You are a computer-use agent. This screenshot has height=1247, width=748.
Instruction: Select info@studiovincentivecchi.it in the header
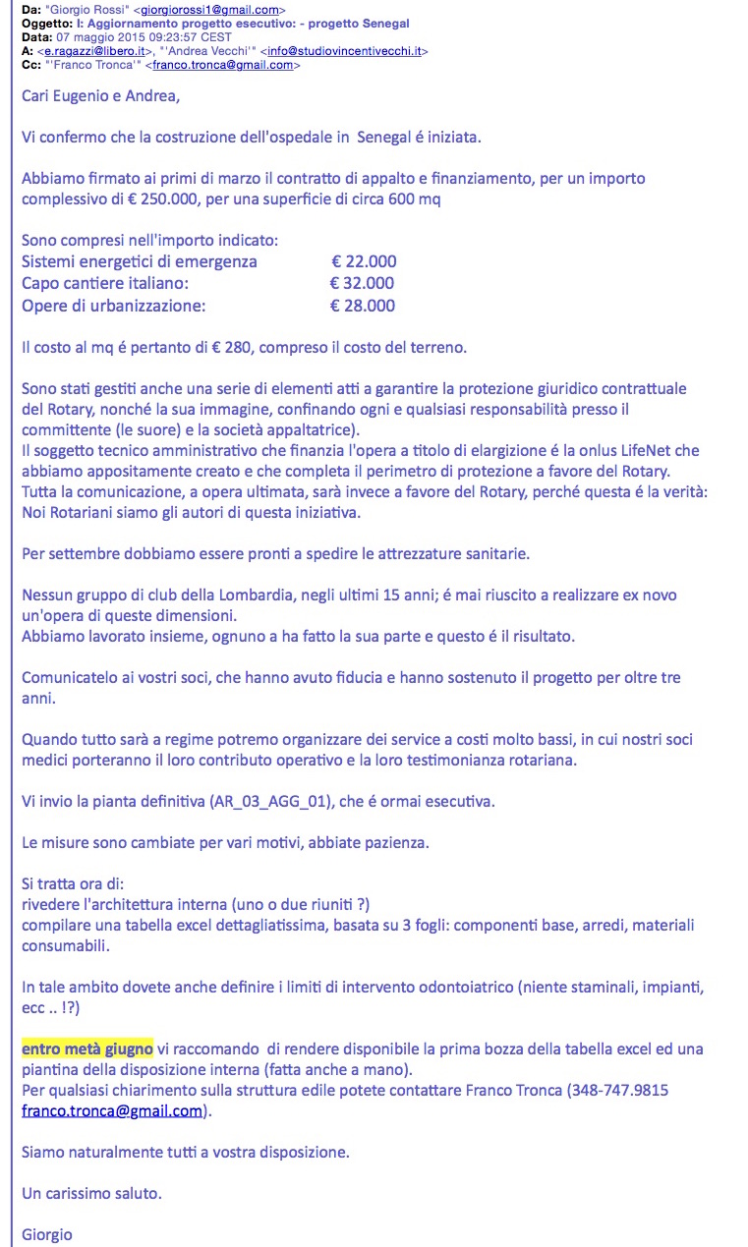tap(344, 51)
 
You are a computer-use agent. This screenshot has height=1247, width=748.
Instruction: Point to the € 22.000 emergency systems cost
tap(364, 261)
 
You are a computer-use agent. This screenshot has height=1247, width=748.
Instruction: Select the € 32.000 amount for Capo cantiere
tap(362, 283)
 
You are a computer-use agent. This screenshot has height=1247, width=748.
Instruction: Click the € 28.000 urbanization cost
tap(363, 306)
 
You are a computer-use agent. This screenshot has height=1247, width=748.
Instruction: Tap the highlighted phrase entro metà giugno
tap(87, 1049)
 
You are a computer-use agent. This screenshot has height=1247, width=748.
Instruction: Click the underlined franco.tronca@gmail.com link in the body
tap(111, 1111)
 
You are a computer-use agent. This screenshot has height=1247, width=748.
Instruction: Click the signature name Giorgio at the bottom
tap(47, 1235)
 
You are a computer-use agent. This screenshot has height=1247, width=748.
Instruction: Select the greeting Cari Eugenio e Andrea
tap(101, 96)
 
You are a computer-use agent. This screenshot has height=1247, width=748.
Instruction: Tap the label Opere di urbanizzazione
tap(114, 306)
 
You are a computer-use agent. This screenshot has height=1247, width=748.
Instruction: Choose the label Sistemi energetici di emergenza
tap(140, 261)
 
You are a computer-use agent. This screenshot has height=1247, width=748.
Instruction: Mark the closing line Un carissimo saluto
tap(91, 1193)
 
